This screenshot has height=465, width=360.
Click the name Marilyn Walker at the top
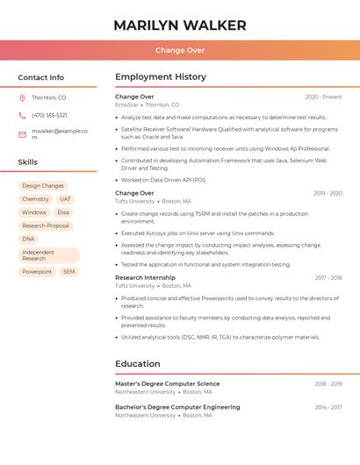tap(180, 25)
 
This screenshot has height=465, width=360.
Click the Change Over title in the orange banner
tap(180, 51)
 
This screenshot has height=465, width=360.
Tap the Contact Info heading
tap(41, 77)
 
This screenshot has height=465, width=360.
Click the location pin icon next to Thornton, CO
tap(22, 97)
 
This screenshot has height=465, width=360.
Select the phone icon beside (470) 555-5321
tap(22, 116)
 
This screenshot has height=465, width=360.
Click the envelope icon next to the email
tap(22, 133)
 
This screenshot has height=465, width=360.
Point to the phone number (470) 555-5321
tap(49, 116)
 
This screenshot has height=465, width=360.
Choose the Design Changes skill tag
tap(43, 186)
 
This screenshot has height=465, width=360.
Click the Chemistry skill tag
tap(35, 199)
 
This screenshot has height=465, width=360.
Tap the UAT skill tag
tap(66, 199)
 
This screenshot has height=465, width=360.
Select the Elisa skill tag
tap(63, 212)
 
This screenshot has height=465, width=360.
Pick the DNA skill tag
tap(28, 239)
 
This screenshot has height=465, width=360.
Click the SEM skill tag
tap(68, 272)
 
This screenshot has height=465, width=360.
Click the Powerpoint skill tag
tap(37, 272)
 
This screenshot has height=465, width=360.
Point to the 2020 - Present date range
tap(323, 97)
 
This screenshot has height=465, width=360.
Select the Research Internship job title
tap(145, 277)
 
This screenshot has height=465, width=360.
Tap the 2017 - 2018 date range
tap(328, 277)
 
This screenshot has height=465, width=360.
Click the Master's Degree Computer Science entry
tap(168, 383)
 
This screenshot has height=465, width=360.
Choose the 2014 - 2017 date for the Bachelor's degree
tap(328, 407)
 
